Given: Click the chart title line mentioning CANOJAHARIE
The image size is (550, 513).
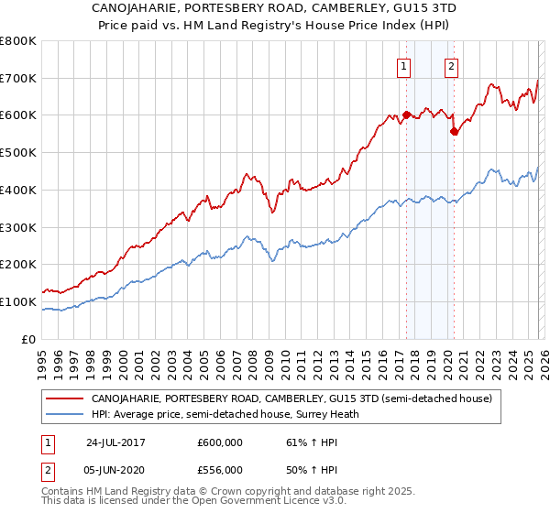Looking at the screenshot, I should (274, 7).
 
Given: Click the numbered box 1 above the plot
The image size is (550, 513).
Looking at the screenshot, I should (404, 65).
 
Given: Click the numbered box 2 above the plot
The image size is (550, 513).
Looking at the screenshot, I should (452, 65).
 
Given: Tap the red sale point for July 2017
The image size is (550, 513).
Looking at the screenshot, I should (406, 115).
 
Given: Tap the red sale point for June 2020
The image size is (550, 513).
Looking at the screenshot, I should (453, 131).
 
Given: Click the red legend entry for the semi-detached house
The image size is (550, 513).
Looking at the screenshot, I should (291, 399).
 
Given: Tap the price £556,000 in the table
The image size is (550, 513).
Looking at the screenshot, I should (219, 470).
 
